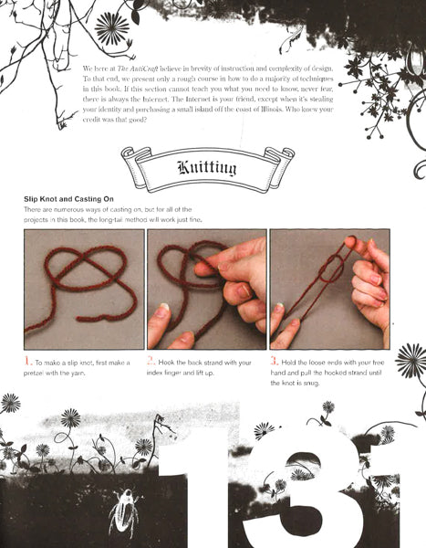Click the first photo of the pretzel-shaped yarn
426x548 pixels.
coord(85,288)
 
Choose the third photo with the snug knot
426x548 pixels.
coord(329,288)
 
